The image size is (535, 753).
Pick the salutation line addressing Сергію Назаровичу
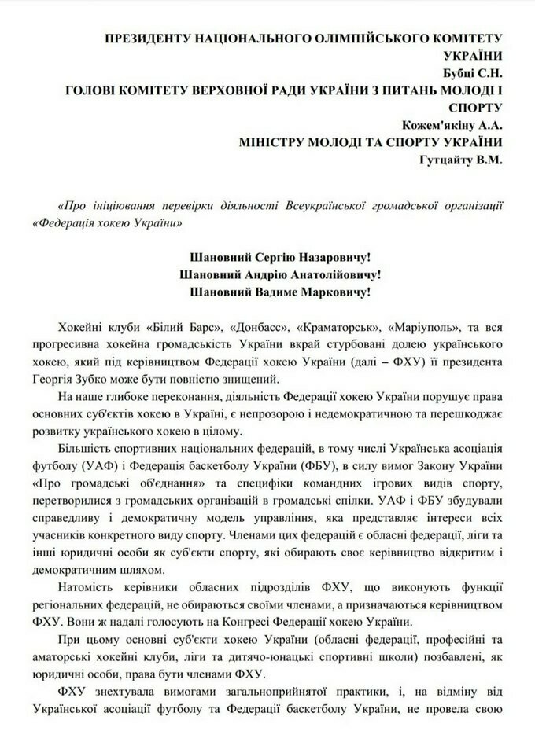click(281, 256)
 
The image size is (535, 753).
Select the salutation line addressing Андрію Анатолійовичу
click(281, 274)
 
